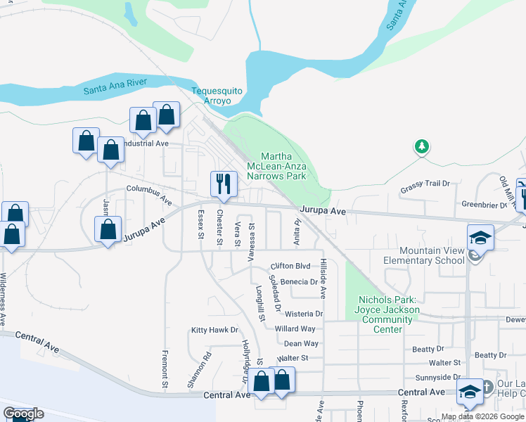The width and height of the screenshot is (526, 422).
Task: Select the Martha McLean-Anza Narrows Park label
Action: tap(283, 166)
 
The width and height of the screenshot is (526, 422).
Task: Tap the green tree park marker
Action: tap(421, 146)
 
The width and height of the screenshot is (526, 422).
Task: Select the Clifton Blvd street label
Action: tap(290, 267)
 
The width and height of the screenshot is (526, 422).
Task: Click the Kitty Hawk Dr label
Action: tap(215, 329)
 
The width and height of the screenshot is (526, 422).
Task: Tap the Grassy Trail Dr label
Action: tap(425, 184)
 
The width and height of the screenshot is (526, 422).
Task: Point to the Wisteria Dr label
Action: tap(304, 314)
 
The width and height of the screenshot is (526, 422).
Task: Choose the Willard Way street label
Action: tap(295, 328)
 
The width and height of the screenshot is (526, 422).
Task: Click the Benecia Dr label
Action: tap(299, 281)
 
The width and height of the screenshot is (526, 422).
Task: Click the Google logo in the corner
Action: tap(23, 413)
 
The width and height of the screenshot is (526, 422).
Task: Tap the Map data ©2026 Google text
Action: tap(483, 416)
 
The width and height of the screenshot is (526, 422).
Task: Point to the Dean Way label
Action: tap(301, 343)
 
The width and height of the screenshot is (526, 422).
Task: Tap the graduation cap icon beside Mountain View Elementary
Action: tap(480, 237)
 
